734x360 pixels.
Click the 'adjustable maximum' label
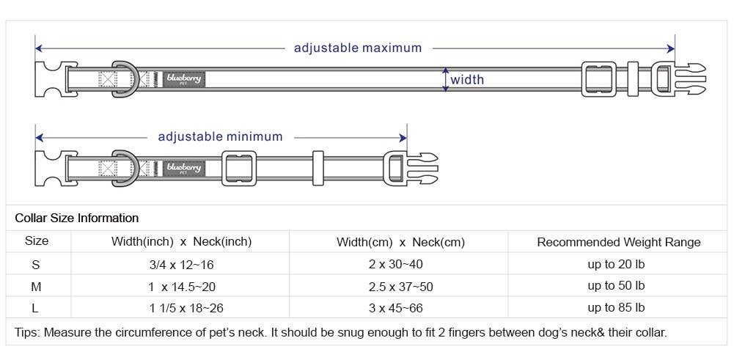click(x=358, y=48)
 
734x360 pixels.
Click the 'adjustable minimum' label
click(x=220, y=136)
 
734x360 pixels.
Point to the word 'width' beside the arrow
click(x=467, y=80)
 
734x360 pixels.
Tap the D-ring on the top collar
click(x=124, y=78)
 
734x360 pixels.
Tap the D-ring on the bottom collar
click(x=124, y=168)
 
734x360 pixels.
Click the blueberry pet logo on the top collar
click(x=183, y=78)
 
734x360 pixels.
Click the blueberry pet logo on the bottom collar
click(x=183, y=168)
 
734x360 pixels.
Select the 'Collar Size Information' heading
click(x=77, y=218)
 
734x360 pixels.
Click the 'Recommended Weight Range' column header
click(x=619, y=242)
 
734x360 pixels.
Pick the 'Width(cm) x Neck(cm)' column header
click(x=400, y=242)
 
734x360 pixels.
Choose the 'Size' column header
click(x=37, y=241)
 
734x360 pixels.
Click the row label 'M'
click(x=36, y=286)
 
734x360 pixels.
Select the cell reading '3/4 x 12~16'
click(x=181, y=264)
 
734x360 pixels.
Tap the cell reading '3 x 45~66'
click(x=395, y=308)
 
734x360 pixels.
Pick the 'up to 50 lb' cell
click(x=616, y=286)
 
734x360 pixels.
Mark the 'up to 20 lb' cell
click(x=616, y=264)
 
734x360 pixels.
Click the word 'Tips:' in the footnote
click(x=28, y=332)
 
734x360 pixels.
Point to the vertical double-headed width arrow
click(x=445, y=79)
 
